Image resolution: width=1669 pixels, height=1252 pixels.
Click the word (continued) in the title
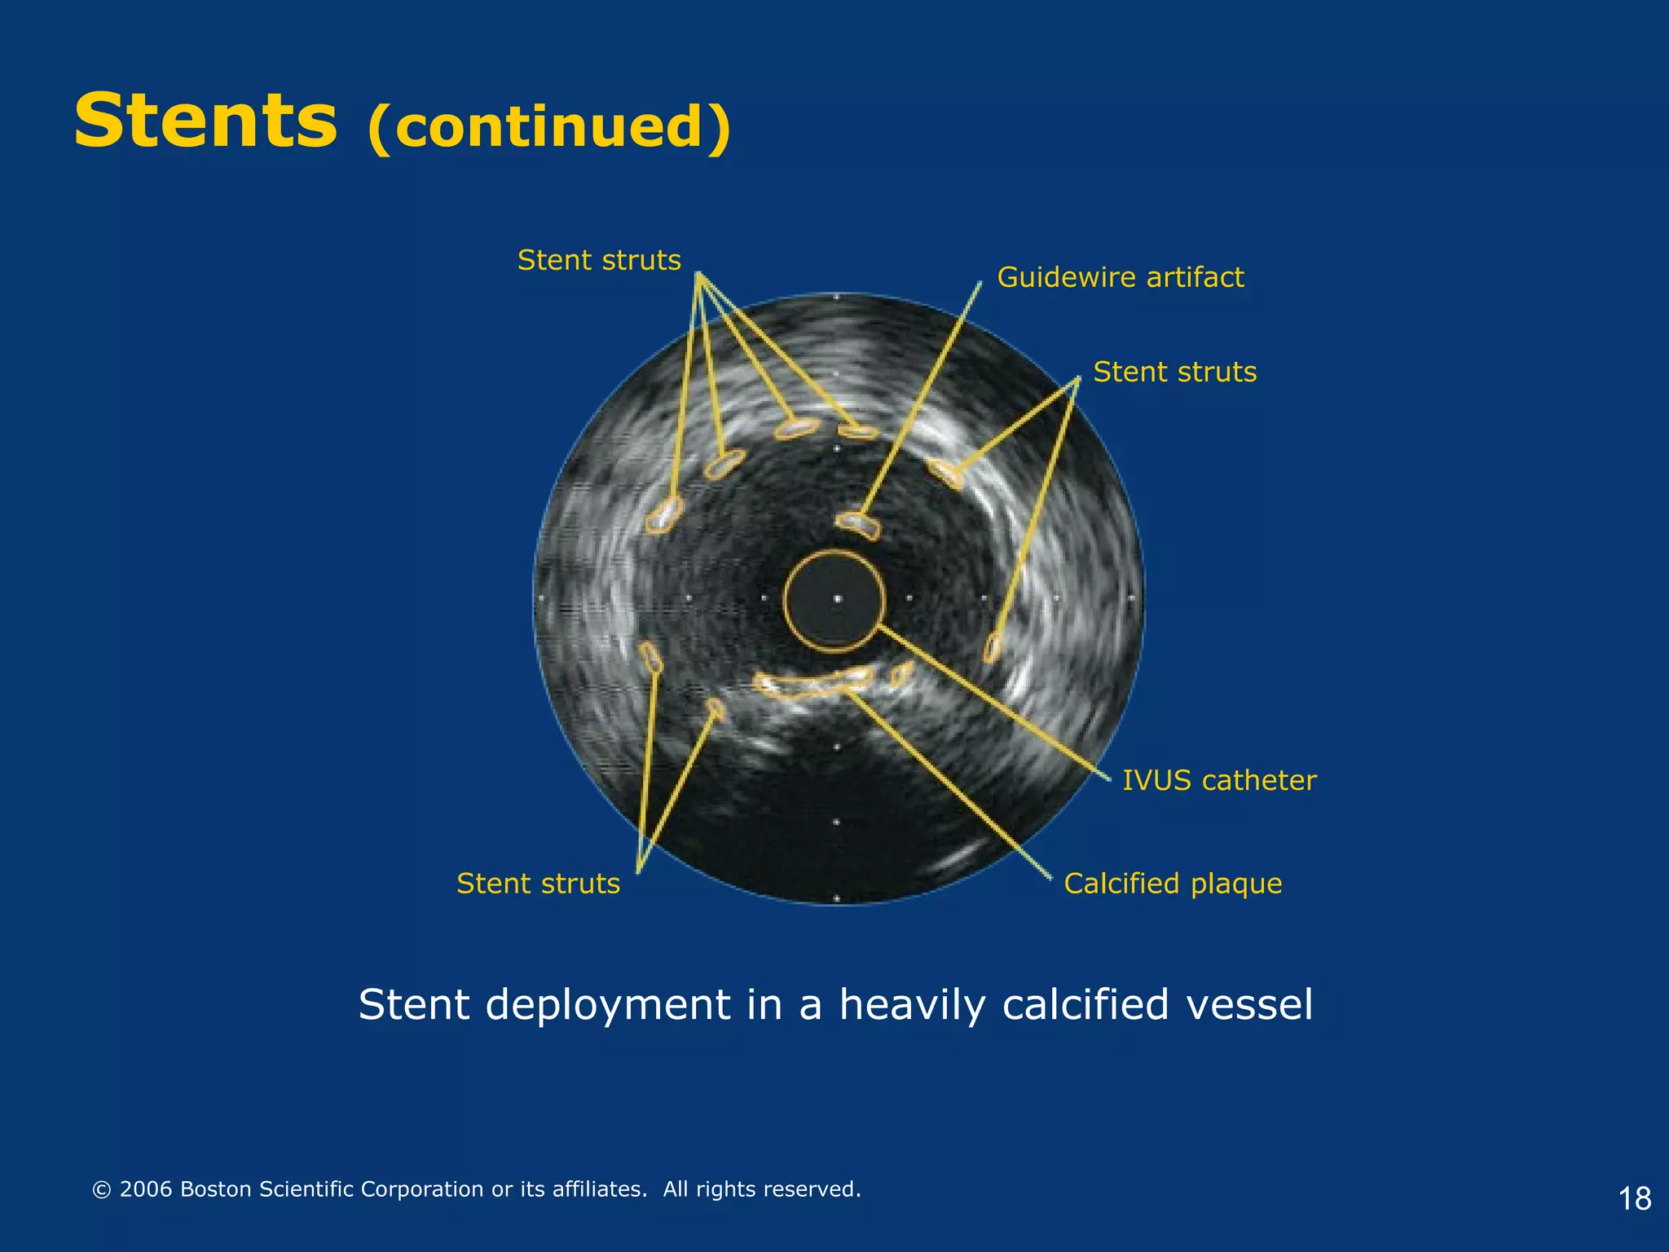[x=549, y=127]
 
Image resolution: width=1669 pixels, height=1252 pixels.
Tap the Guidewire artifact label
[x=1120, y=277]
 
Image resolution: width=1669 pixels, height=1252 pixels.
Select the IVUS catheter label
[x=1218, y=780]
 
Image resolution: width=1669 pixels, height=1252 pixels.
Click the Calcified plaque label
[x=1172, y=884]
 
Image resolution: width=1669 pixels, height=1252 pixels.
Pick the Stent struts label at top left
[x=599, y=260]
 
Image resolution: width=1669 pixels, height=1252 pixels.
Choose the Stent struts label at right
[x=1174, y=372]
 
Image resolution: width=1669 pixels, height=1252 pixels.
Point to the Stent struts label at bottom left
[x=538, y=884]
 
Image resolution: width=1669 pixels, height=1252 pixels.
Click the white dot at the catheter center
[x=838, y=599]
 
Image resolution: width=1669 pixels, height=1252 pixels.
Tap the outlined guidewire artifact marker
[x=857, y=525]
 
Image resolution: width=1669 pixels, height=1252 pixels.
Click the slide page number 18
[x=1634, y=1199]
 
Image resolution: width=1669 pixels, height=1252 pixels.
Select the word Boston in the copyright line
[x=216, y=1189]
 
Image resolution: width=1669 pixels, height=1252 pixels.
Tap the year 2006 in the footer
[x=146, y=1189]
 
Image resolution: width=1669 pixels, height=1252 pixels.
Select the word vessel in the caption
[x=1249, y=1004]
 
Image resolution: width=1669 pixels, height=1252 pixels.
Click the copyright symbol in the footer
[x=102, y=1190]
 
